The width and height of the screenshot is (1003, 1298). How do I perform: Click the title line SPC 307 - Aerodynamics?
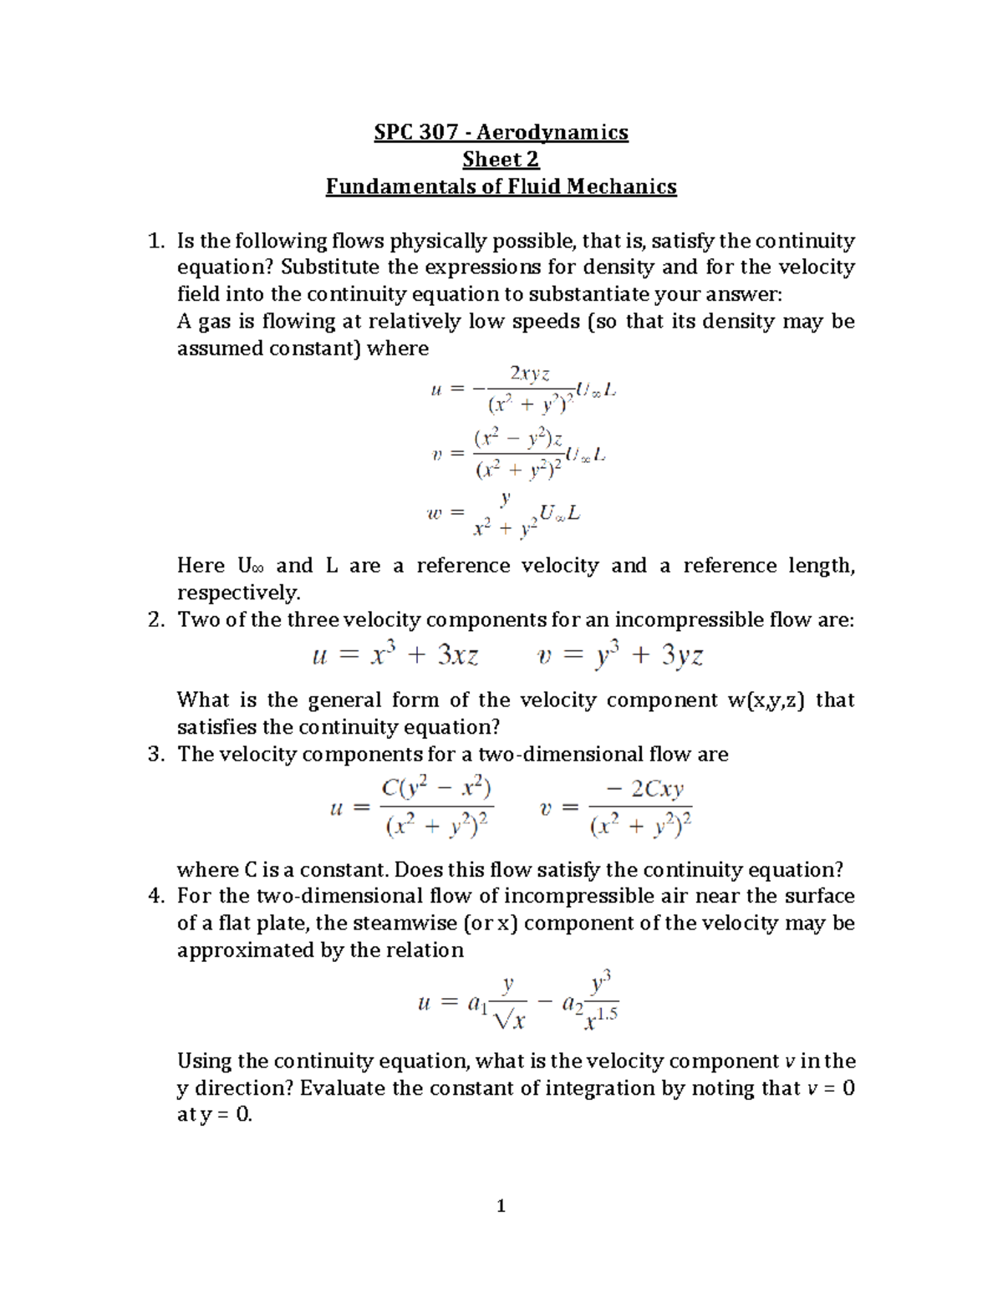[501, 132]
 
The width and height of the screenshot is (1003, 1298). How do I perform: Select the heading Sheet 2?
[501, 159]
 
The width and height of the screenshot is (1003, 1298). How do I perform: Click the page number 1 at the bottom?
[501, 1205]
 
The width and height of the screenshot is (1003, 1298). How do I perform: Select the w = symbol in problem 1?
[444, 515]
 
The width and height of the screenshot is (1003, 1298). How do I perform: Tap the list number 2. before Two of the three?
[155, 620]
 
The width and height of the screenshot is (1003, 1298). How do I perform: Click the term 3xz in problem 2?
[458, 656]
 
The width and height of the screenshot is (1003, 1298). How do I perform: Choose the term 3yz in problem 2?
[682, 656]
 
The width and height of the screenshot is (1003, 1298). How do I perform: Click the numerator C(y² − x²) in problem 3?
[436, 788]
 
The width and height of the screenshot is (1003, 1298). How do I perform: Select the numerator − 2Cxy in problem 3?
[641, 789]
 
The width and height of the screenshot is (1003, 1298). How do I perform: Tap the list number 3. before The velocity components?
[155, 755]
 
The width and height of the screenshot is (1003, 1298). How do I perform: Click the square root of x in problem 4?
[509, 1018]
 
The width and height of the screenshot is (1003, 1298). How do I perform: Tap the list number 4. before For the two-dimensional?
[155, 897]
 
